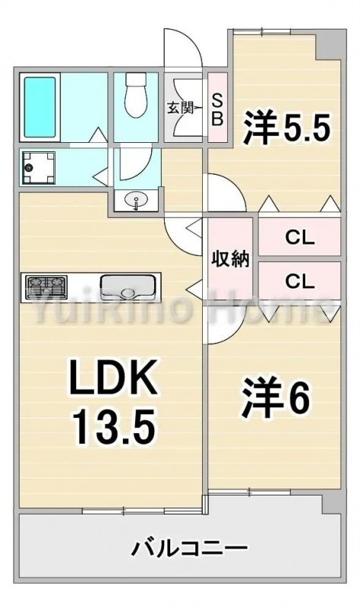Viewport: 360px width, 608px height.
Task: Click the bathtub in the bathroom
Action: click(x=39, y=107)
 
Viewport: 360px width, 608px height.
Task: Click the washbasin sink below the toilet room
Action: click(x=137, y=201)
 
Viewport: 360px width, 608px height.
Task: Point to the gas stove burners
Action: click(x=46, y=288)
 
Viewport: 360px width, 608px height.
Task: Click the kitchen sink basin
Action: click(x=128, y=287)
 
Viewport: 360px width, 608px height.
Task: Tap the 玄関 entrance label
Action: click(x=180, y=107)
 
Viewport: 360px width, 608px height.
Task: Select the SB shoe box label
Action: click(x=217, y=110)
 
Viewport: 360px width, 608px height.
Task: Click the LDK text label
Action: click(x=112, y=376)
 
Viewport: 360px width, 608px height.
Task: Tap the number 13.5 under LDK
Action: click(x=115, y=427)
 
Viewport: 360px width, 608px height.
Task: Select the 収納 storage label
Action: click(x=230, y=258)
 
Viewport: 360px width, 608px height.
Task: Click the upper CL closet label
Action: click(x=299, y=238)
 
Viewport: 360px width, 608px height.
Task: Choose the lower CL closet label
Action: click(x=299, y=281)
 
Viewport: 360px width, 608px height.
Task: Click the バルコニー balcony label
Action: click(x=190, y=548)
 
